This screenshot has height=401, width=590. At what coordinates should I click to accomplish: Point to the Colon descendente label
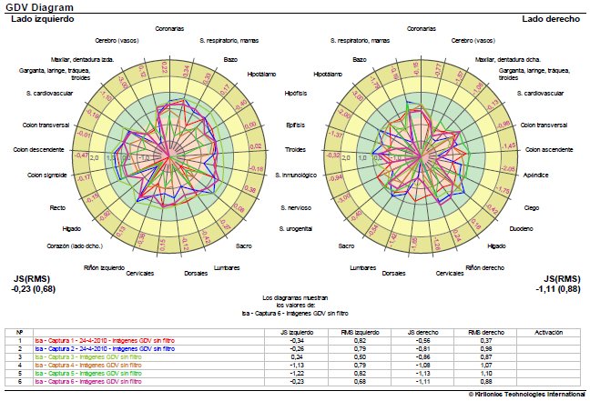35,149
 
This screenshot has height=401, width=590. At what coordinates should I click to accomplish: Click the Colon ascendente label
549,149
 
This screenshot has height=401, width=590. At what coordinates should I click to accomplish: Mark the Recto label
56,209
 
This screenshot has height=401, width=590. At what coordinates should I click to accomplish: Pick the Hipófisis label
294,92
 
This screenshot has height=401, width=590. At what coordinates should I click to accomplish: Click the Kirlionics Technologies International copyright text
527,395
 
